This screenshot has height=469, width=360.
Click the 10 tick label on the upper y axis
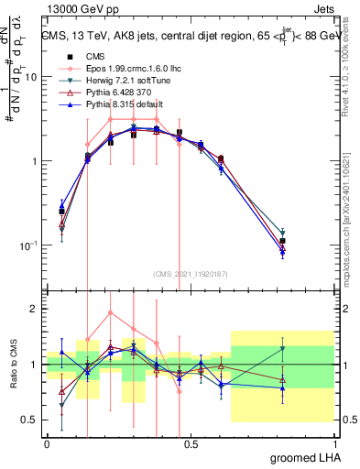pyautogui.click(x=30, y=77)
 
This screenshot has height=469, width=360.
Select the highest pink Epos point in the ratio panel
pyautogui.click(x=111, y=312)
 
